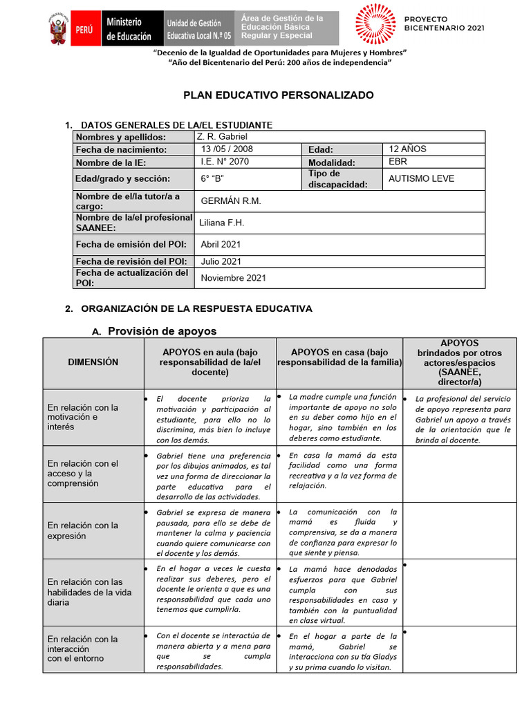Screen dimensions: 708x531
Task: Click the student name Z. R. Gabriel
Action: [217, 137]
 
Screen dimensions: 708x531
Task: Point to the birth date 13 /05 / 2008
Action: [227, 149]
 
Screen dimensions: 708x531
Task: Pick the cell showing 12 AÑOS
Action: [407, 149]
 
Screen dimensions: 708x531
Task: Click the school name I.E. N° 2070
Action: [225, 162]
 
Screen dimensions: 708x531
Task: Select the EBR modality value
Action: [398, 162]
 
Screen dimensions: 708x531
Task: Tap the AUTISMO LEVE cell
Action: [421, 178]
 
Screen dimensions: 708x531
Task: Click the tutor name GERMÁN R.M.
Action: [230, 201]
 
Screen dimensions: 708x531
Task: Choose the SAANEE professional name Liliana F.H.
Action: [221, 223]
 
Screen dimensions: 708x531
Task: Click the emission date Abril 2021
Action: [221, 244]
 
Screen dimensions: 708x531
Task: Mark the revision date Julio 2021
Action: [221, 261]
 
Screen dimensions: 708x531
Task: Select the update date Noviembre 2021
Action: [233, 278]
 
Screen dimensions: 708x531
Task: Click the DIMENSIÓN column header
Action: [93, 362]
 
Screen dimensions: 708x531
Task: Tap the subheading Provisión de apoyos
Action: [162, 331]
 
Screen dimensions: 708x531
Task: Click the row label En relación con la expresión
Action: [82, 530]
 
